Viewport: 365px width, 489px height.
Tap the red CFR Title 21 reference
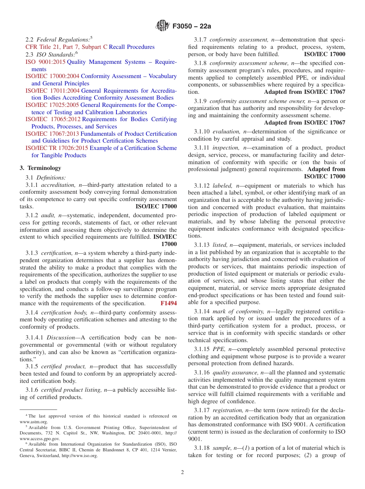point(66,47)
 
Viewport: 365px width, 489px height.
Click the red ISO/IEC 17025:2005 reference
point(52,105)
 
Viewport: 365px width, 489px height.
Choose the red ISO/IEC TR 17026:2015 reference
point(56,148)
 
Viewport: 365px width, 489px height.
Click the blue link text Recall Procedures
point(132,47)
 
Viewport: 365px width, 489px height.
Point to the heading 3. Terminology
point(40,168)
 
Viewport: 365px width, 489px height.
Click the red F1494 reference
point(169,303)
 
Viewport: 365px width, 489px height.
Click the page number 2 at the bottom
point(182,472)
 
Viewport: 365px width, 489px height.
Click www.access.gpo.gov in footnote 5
point(40,438)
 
